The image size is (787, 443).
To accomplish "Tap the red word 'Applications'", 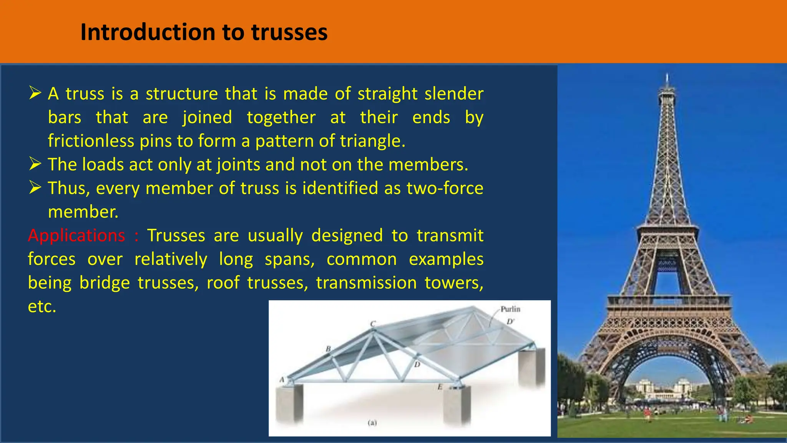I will pyautogui.click(x=76, y=235).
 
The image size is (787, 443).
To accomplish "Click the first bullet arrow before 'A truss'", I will pyautogui.click(x=35, y=93).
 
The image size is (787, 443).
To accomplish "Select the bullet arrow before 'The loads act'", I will pyautogui.click(x=35, y=164).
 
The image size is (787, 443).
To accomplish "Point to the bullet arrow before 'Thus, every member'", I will pyautogui.click(x=35, y=188).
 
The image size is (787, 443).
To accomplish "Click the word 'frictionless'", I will pyautogui.click(x=91, y=141).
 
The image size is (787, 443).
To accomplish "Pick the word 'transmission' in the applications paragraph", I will pyautogui.click(x=366, y=283).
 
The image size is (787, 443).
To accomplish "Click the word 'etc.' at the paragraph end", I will pyautogui.click(x=42, y=306).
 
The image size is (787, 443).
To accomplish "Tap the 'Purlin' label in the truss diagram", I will pyautogui.click(x=510, y=309).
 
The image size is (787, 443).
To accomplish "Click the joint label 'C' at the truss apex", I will pyautogui.click(x=372, y=324).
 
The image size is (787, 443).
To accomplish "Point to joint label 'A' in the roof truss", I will pyautogui.click(x=282, y=380).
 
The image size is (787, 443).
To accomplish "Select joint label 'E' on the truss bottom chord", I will pyautogui.click(x=440, y=387).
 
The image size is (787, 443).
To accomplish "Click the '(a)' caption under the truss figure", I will pyautogui.click(x=372, y=423).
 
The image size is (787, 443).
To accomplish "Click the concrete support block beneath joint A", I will pyautogui.click(x=289, y=404).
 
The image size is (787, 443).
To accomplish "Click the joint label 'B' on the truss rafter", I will pyautogui.click(x=328, y=349).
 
